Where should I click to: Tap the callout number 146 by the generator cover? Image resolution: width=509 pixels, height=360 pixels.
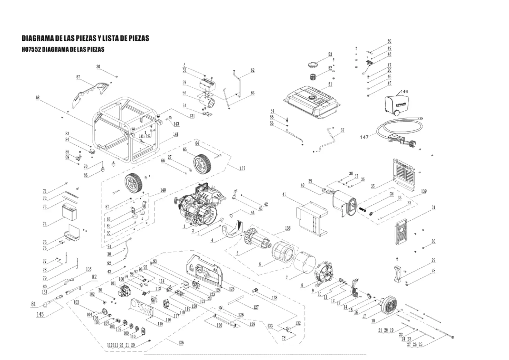pos(404,92)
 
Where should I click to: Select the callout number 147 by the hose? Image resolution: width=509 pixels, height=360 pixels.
pos(364,137)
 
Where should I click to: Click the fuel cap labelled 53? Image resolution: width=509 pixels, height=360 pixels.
pos(313,65)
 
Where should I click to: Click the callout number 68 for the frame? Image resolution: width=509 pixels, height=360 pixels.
pos(37,97)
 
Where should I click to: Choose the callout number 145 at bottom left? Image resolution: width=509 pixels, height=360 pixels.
pos(40,314)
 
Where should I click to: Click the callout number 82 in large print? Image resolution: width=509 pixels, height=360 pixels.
pos(94,277)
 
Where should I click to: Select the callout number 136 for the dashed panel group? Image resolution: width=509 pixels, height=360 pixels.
pos(181,343)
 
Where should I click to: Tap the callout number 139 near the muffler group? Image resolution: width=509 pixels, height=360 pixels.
pos(424,191)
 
